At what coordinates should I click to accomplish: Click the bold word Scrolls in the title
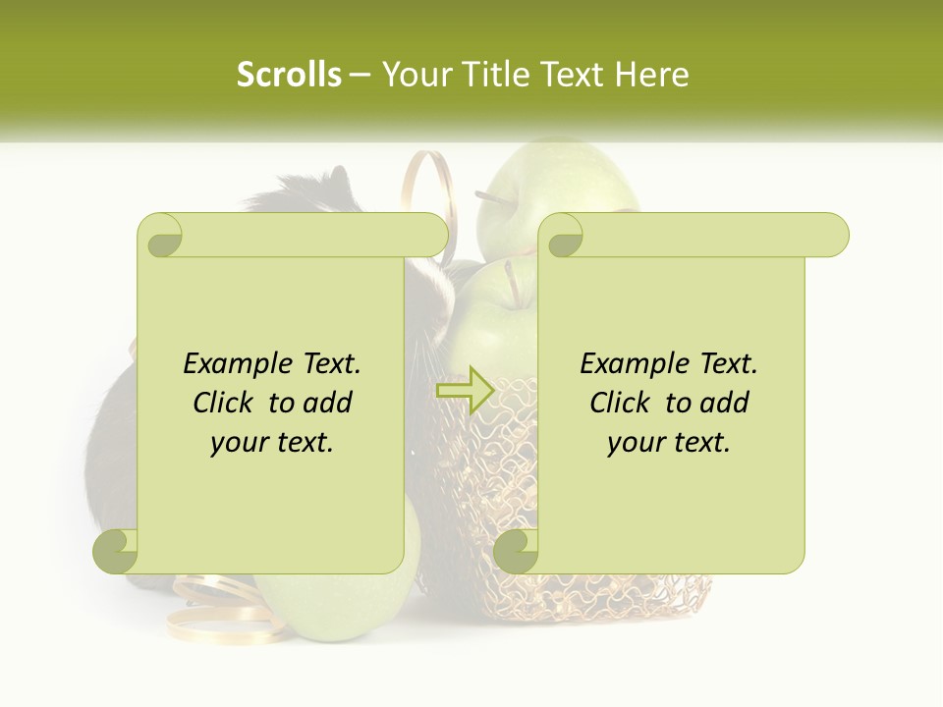pyautogui.click(x=289, y=75)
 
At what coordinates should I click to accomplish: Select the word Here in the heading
pyautogui.click(x=651, y=75)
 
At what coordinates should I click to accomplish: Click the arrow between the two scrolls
pyautogui.click(x=463, y=391)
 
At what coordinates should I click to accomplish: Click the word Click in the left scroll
pyautogui.click(x=226, y=403)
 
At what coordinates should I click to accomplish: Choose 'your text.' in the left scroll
pyautogui.click(x=272, y=443)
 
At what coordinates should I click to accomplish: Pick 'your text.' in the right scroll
pyautogui.click(x=669, y=443)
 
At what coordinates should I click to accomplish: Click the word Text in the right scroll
pyautogui.click(x=728, y=364)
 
